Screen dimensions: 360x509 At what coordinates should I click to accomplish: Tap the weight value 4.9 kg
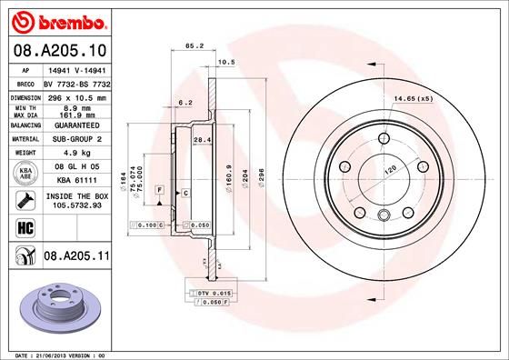[73, 154]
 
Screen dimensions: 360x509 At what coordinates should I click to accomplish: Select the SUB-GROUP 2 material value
[73, 139]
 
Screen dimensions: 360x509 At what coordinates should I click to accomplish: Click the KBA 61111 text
[73, 181]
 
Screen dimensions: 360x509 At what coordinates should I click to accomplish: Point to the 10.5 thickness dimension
[227, 62]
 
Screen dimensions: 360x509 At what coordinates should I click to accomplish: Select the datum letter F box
[159, 188]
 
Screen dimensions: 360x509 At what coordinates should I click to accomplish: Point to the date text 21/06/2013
[55, 353]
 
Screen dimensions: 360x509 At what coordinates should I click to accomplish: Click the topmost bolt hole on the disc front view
[380, 139]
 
